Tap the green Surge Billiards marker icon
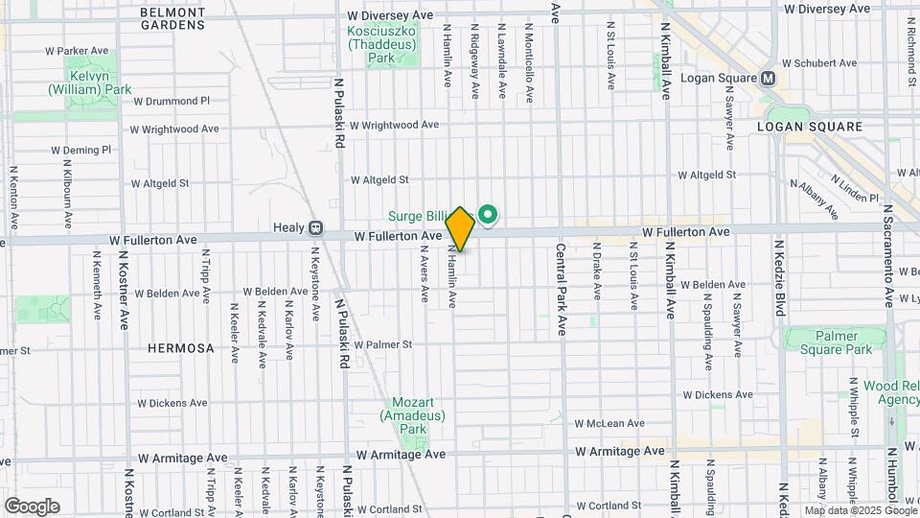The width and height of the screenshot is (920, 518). pos(488,214)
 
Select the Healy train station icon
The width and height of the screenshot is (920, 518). pos(314,229)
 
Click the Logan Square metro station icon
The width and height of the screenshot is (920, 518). pos(769,78)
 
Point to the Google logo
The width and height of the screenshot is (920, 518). pos(32,506)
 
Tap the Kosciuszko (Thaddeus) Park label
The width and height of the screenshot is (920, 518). pos(381,44)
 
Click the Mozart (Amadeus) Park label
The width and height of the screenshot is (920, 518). pos(412,415)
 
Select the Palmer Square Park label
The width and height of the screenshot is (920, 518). pos(830,342)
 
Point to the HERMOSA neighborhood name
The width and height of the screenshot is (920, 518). pos(180,348)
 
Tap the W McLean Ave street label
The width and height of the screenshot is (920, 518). pos(609,423)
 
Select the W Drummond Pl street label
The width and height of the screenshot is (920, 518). pos(171,100)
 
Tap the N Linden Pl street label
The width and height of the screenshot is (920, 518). pos(856,188)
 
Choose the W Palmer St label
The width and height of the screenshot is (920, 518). pos(383,344)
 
